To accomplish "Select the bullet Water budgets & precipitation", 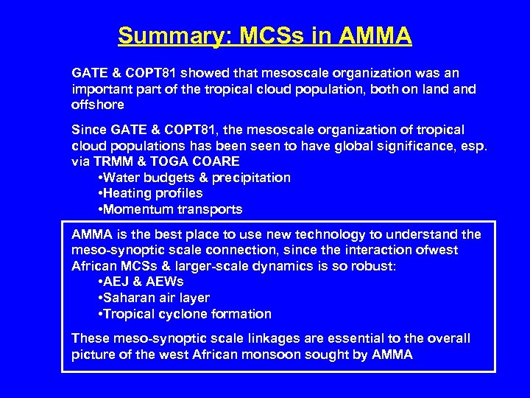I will coord(194,178).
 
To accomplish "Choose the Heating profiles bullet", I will coord(150,193).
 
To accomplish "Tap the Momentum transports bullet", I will coord(170,209).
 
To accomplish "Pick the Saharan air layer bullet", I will coord(154,298).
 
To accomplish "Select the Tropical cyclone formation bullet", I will coord(185,314).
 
